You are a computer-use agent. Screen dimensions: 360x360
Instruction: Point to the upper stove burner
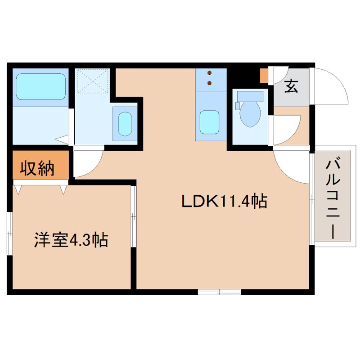click(209, 73)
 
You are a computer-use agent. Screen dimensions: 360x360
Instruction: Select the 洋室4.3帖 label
click(71, 240)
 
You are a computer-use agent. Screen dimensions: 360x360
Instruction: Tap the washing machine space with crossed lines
click(92, 81)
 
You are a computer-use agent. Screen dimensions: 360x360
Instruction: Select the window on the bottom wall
click(219, 292)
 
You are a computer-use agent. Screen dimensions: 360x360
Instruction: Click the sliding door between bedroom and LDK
click(133, 216)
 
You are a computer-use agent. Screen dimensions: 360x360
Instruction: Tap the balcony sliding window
click(311, 198)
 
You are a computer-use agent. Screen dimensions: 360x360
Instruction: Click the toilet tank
click(250, 96)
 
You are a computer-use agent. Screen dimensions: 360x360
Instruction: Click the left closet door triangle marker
click(18, 189)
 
